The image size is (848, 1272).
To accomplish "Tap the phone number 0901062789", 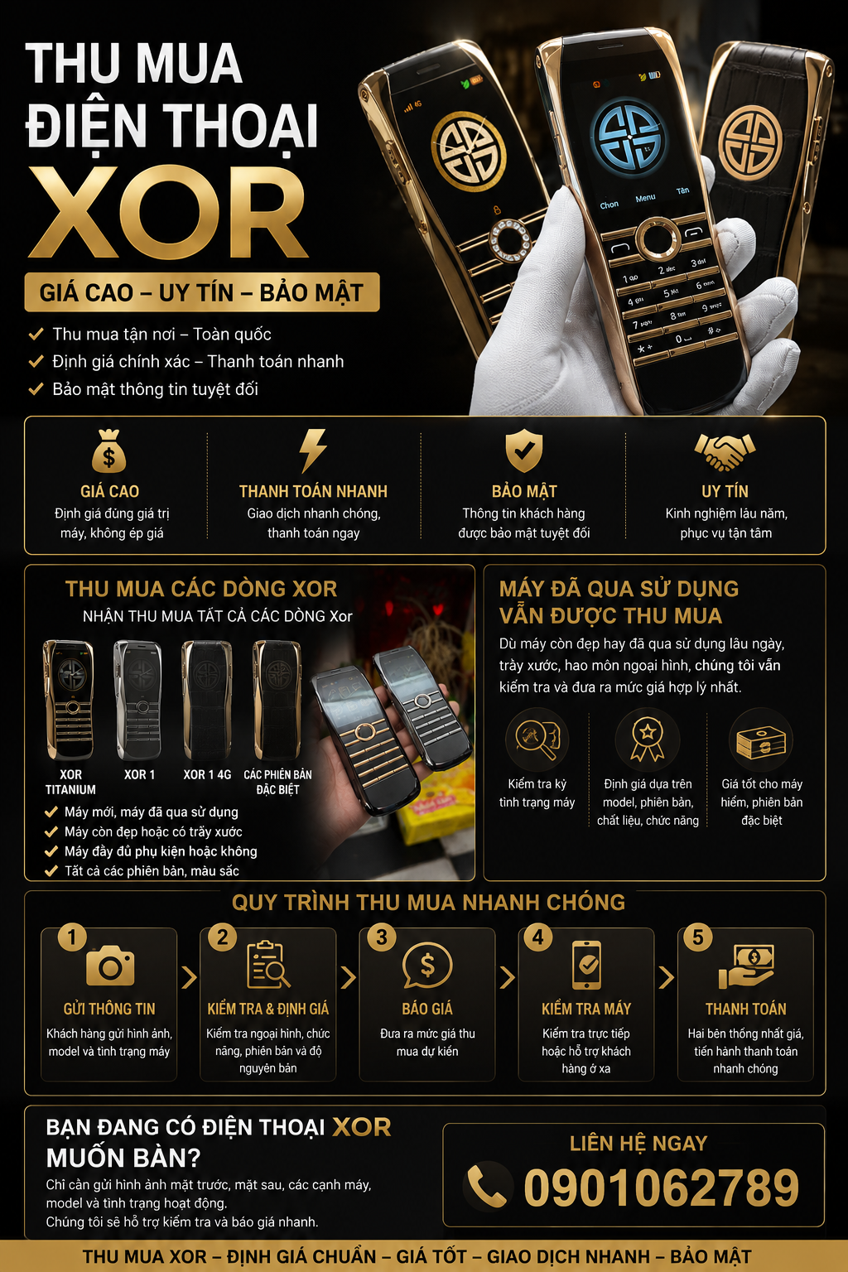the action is point(661,1188).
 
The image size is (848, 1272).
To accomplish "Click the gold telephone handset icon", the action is point(487,1185).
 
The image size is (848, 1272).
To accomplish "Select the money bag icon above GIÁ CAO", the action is point(109,451).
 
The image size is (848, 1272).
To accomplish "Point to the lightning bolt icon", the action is point(313,450).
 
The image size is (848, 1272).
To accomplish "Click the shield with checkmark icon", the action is point(523,450).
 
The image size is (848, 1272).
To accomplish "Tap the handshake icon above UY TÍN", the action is point(725,452).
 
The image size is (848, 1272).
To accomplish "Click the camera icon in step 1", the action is point(110,966).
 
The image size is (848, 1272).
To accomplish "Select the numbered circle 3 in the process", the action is point(382,937).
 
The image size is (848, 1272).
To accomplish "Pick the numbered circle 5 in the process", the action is point(698,937).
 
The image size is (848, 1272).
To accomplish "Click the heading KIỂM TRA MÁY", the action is point(586,1009).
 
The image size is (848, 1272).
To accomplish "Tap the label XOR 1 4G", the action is point(207,774).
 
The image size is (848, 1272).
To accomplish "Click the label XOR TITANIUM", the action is point(70,782).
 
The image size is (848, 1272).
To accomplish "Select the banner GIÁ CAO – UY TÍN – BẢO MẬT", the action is point(201,292).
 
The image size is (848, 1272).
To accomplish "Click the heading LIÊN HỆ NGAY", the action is point(638,1143).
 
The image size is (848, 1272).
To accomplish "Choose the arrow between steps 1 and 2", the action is point(189,977).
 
